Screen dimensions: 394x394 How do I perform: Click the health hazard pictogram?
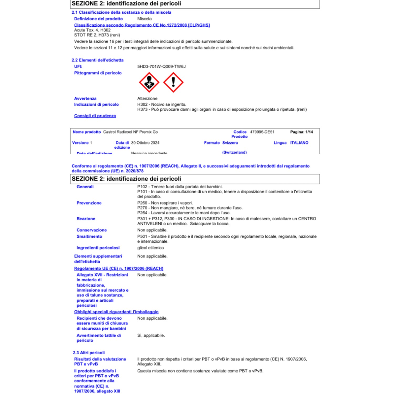coord(149,82)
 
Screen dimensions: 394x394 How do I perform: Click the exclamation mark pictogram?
coord(173,82)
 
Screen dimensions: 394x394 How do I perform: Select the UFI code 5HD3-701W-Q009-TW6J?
coord(161,67)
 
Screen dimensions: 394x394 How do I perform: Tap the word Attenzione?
coord(147,98)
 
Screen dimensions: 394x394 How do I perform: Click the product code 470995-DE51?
coord(262,132)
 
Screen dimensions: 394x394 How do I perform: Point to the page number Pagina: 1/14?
coord(301,132)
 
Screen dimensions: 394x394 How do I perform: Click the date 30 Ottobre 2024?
coord(145,143)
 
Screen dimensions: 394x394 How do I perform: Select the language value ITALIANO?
coord(299,143)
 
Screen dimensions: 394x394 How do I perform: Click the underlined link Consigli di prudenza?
coord(95,116)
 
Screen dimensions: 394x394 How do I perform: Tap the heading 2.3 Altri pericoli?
coord(89,353)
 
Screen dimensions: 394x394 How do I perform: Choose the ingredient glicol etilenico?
coord(150,248)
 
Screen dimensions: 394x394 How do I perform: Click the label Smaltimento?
coord(89,236)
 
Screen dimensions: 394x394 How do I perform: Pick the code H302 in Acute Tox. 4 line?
coord(105,30)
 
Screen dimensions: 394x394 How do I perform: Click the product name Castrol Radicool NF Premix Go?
coord(130,132)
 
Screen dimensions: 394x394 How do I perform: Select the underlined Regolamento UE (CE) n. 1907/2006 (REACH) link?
coord(118,268)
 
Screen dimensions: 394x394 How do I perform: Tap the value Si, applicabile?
coord(151,335)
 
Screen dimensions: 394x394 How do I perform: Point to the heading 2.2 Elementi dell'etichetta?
coord(97,60)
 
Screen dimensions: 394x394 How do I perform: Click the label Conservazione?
coord(91,230)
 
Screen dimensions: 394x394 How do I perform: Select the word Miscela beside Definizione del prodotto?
coord(144,19)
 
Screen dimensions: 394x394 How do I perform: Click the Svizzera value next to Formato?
coord(230,143)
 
